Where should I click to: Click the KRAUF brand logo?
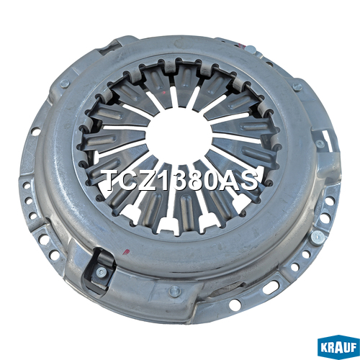click(x=338, y=348)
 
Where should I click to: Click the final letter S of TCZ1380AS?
click(x=248, y=180)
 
